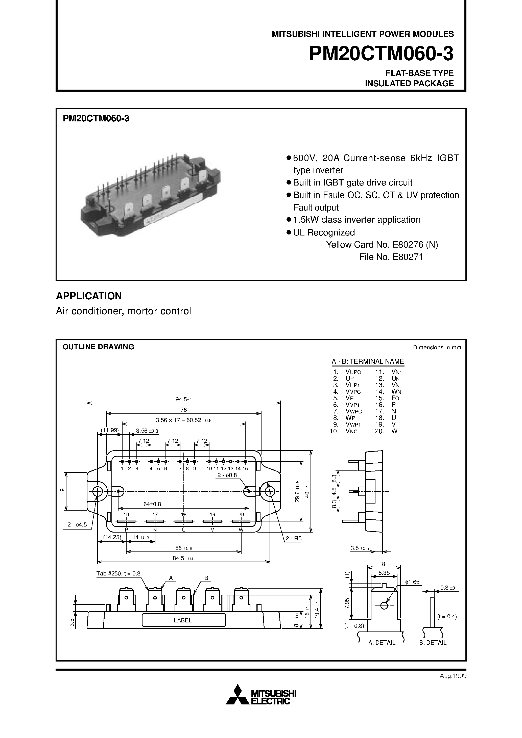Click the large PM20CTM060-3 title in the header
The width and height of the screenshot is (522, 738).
[381, 54]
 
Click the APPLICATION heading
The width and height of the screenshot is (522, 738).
[89, 296]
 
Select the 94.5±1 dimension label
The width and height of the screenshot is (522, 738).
[183, 400]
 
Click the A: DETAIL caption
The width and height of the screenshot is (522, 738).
[382, 643]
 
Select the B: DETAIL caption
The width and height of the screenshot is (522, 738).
[433, 643]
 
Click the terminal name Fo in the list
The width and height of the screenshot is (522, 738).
[395, 398]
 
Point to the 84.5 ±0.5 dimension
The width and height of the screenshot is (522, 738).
[183, 558]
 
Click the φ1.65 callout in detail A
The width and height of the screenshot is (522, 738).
[412, 582]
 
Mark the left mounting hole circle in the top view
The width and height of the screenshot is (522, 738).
[97, 491]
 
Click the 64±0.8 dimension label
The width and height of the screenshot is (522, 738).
[152, 504]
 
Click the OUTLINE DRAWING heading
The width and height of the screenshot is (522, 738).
[98, 347]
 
